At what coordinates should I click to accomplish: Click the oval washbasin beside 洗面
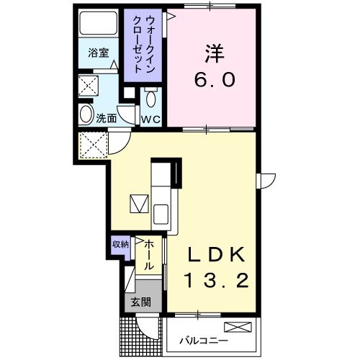[86, 114]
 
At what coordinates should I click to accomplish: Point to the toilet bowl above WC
[150, 98]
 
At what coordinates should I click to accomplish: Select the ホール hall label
[148, 256]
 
